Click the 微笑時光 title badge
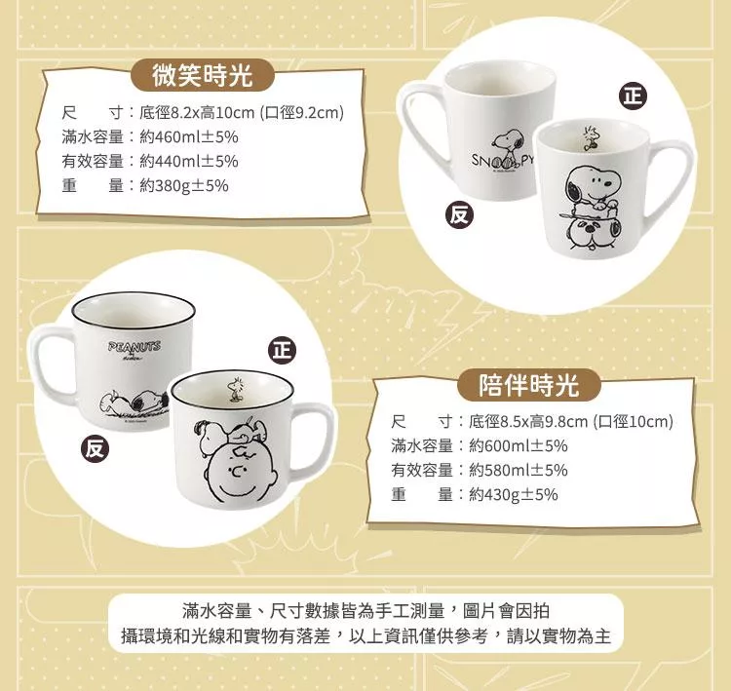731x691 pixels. (x=203, y=75)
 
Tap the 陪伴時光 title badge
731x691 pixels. (x=528, y=385)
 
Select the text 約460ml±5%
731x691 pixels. (x=189, y=136)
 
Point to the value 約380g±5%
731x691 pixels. (x=183, y=185)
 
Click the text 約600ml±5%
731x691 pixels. (x=518, y=445)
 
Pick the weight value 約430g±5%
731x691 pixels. (x=514, y=494)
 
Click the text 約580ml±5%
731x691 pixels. (x=518, y=470)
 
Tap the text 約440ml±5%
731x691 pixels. (x=189, y=161)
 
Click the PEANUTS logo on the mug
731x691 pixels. (x=135, y=347)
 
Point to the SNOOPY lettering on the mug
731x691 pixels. (x=502, y=160)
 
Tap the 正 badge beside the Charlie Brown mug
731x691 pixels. (x=282, y=350)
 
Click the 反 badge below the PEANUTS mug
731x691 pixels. (x=95, y=448)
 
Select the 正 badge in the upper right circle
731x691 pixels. (x=633, y=96)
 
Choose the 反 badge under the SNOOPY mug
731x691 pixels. (x=459, y=214)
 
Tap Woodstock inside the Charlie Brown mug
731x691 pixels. (x=234, y=389)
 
